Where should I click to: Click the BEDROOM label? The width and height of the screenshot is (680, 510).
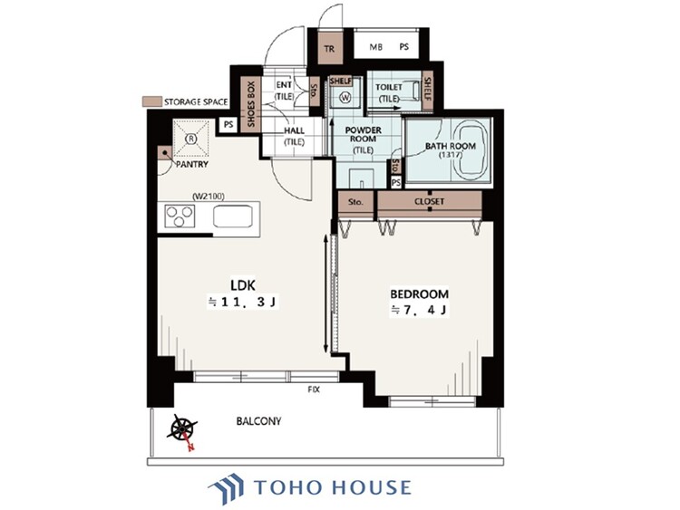click(420, 294)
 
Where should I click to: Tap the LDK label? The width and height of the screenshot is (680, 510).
click(243, 285)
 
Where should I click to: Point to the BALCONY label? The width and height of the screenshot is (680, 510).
click(259, 421)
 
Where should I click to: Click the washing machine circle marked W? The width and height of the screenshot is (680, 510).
click(346, 98)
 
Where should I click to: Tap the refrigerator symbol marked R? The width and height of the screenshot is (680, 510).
click(190, 139)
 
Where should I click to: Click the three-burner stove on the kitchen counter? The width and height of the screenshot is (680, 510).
click(180, 217)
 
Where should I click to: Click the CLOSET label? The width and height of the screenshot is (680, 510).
click(429, 201)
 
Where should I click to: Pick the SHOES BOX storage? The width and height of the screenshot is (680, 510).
click(251, 104)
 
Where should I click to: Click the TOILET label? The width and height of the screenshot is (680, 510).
click(389, 87)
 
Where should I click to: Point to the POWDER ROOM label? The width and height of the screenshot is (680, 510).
click(363, 134)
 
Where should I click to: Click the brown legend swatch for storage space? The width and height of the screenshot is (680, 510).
click(152, 101)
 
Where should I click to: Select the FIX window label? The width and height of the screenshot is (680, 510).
click(314, 390)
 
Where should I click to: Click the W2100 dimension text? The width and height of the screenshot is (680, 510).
click(209, 197)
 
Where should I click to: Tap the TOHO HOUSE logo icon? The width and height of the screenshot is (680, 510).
click(226, 488)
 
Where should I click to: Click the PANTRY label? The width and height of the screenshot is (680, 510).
click(191, 164)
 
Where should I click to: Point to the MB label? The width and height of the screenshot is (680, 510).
click(376, 47)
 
